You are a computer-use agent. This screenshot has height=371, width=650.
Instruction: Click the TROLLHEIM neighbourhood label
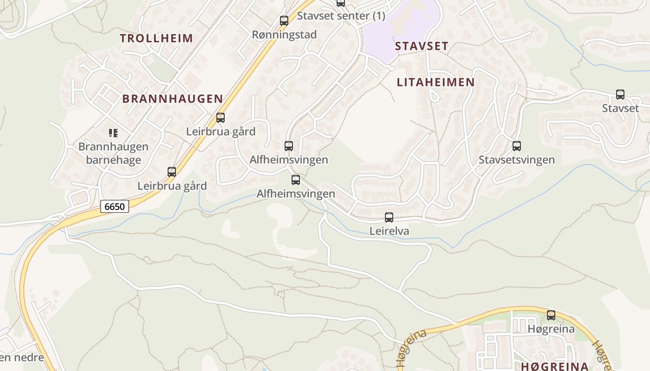[156, 38]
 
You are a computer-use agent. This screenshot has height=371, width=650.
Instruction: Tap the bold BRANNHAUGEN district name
[173, 99]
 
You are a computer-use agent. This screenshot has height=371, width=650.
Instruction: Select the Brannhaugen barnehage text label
[113, 154]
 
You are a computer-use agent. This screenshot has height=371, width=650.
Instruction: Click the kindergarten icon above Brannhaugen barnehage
[113, 134]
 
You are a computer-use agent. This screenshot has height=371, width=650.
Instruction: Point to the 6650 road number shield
[114, 206]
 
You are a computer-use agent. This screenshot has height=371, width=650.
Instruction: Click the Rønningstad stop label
[284, 35]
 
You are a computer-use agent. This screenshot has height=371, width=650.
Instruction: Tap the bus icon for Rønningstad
[284, 21]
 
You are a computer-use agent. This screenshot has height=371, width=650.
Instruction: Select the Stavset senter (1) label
[341, 16]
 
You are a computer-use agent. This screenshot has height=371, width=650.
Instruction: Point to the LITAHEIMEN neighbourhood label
[435, 83]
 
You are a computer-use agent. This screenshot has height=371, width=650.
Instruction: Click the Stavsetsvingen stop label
[517, 160]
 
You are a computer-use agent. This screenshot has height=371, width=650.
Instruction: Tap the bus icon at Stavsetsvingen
[517, 147]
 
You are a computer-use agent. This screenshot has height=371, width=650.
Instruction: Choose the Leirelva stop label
[389, 231]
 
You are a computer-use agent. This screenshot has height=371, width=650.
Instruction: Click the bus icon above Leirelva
[389, 217]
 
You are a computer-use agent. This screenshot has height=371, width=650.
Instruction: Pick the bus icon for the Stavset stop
[620, 95]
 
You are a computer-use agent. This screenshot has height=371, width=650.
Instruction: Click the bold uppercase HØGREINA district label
[555, 366]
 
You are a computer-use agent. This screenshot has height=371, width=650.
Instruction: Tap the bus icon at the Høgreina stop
[551, 315]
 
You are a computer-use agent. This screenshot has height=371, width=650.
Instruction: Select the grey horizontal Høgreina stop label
[551, 329]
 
